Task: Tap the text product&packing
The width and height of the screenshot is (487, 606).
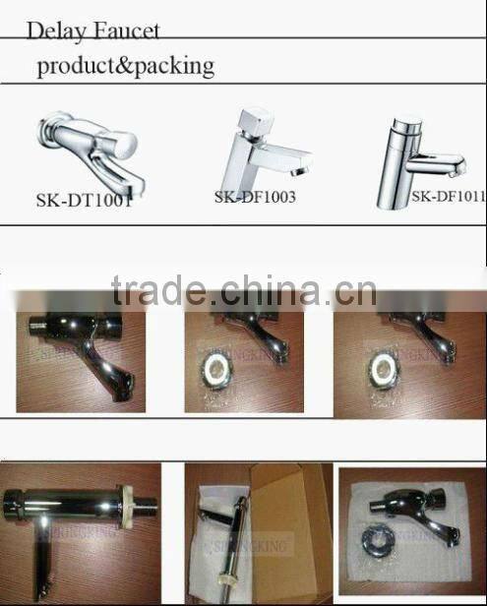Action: point(125,67)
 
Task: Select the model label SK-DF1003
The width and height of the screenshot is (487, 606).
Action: point(255,197)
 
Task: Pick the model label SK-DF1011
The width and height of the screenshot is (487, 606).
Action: point(448,196)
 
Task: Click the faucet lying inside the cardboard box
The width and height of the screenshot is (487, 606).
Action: point(229,531)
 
